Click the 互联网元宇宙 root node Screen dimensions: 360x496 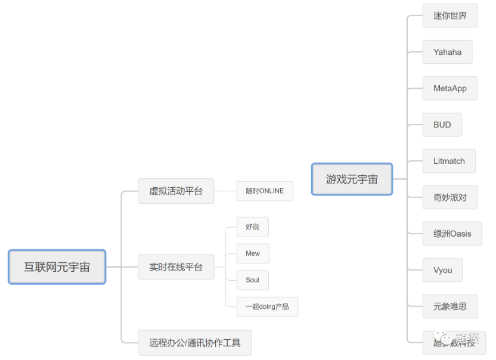(x=57, y=267)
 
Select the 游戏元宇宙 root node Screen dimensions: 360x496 (x=352, y=179)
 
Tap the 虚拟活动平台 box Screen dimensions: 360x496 (x=176, y=191)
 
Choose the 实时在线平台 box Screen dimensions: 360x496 (x=176, y=267)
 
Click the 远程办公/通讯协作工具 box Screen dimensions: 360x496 (x=195, y=343)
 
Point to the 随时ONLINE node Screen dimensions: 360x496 (x=265, y=191)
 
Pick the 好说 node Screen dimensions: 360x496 (x=252, y=227)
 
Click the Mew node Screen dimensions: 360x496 (x=253, y=253)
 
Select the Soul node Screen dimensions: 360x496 (x=252, y=280)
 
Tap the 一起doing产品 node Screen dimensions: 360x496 (x=267, y=306)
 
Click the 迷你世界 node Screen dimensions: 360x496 (x=450, y=15)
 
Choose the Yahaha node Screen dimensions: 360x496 (x=447, y=52)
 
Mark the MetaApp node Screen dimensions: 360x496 (x=450, y=88)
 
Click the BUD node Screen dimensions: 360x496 (x=442, y=125)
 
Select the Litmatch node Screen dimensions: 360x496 (x=449, y=161)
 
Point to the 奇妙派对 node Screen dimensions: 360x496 (x=450, y=197)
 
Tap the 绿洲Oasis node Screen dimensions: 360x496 (x=452, y=234)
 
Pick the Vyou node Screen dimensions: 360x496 (x=443, y=270)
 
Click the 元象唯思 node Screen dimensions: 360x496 (x=450, y=306)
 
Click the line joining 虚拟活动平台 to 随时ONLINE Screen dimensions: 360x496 (x=225, y=191)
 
